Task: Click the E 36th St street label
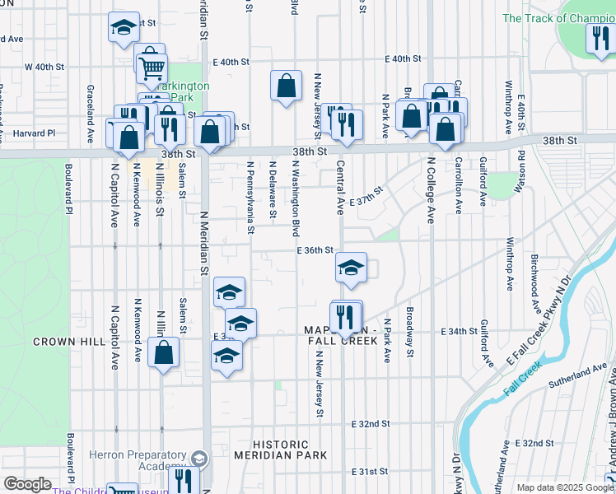(315, 250)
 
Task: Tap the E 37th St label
(366, 198)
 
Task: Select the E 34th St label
(460, 331)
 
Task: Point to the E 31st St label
(370, 472)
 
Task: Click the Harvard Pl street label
(27, 133)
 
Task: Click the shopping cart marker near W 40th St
(152, 69)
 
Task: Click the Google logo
(27, 484)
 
